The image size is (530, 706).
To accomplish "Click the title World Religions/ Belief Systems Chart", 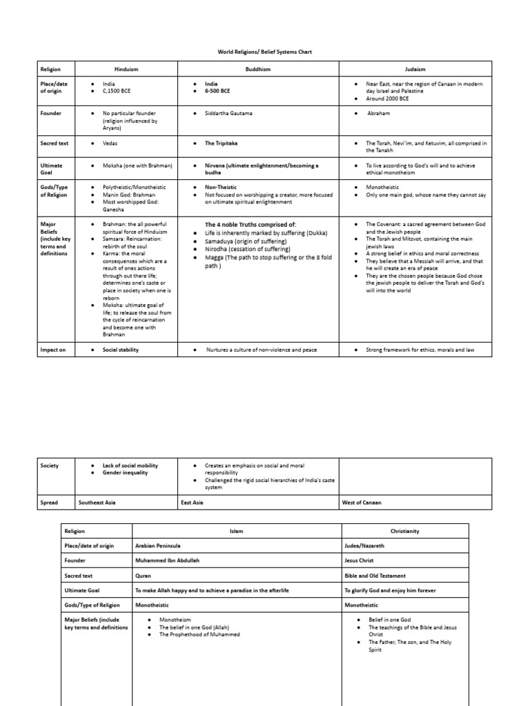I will (x=265, y=52).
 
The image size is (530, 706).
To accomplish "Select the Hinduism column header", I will (x=126, y=69).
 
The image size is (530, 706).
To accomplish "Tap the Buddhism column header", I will (x=258, y=69).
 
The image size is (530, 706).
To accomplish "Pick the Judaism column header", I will (x=415, y=69).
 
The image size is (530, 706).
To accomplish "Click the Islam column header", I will (x=237, y=532).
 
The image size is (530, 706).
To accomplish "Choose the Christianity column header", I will (x=405, y=532).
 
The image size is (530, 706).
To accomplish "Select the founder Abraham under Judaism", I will (x=379, y=113).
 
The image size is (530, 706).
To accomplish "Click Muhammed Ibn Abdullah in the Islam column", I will (x=166, y=561).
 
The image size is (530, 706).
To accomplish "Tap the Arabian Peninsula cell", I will (x=161, y=546).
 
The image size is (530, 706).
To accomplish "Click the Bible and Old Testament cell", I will (x=375, y=575).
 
